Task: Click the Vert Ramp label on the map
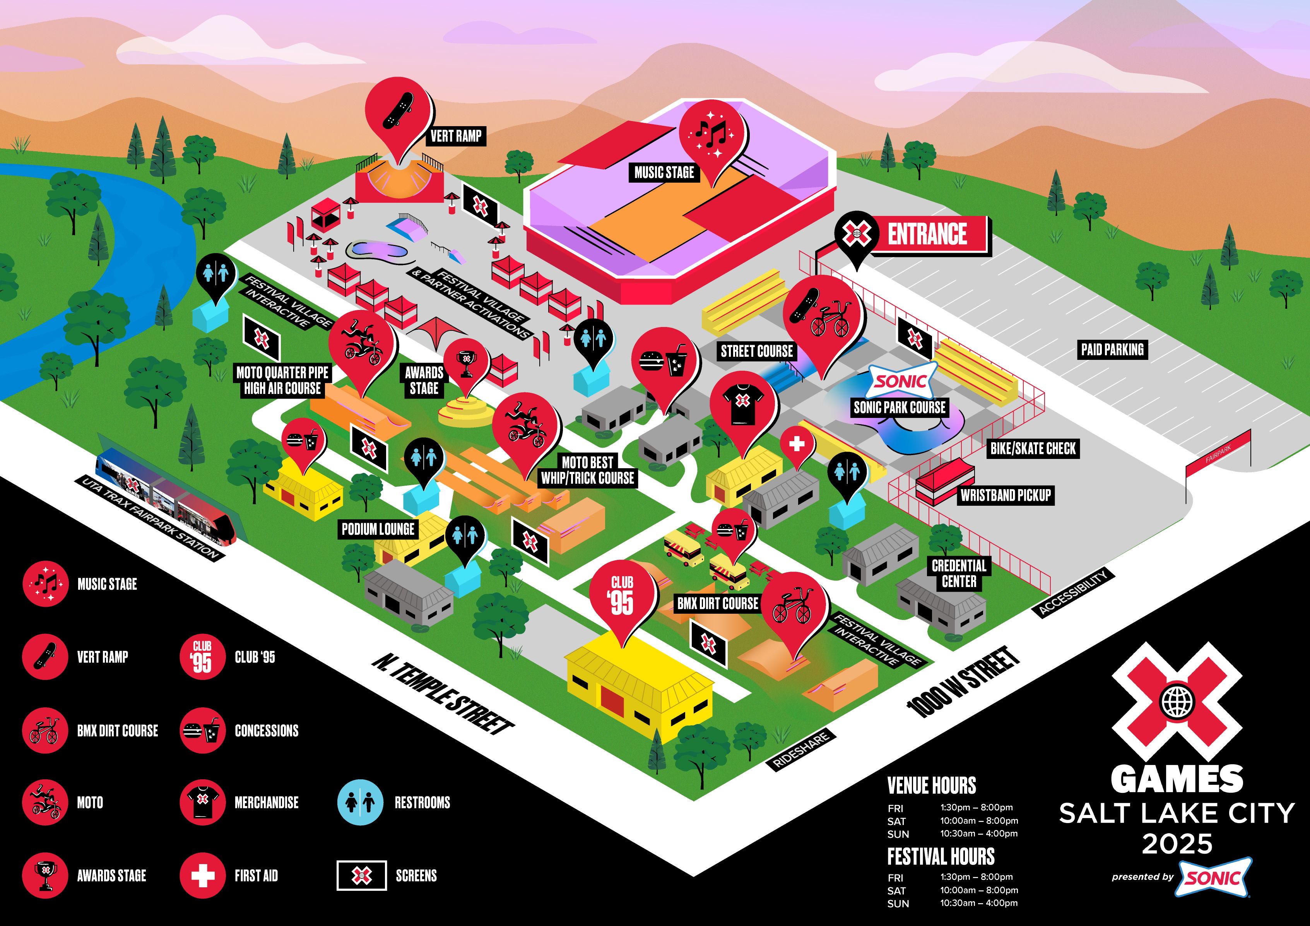456,136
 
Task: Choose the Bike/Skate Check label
1033,448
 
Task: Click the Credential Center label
959,573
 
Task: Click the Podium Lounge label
378,529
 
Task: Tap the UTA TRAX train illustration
166,496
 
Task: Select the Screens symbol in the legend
361,875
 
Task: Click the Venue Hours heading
931,786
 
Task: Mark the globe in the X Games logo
1177,702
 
